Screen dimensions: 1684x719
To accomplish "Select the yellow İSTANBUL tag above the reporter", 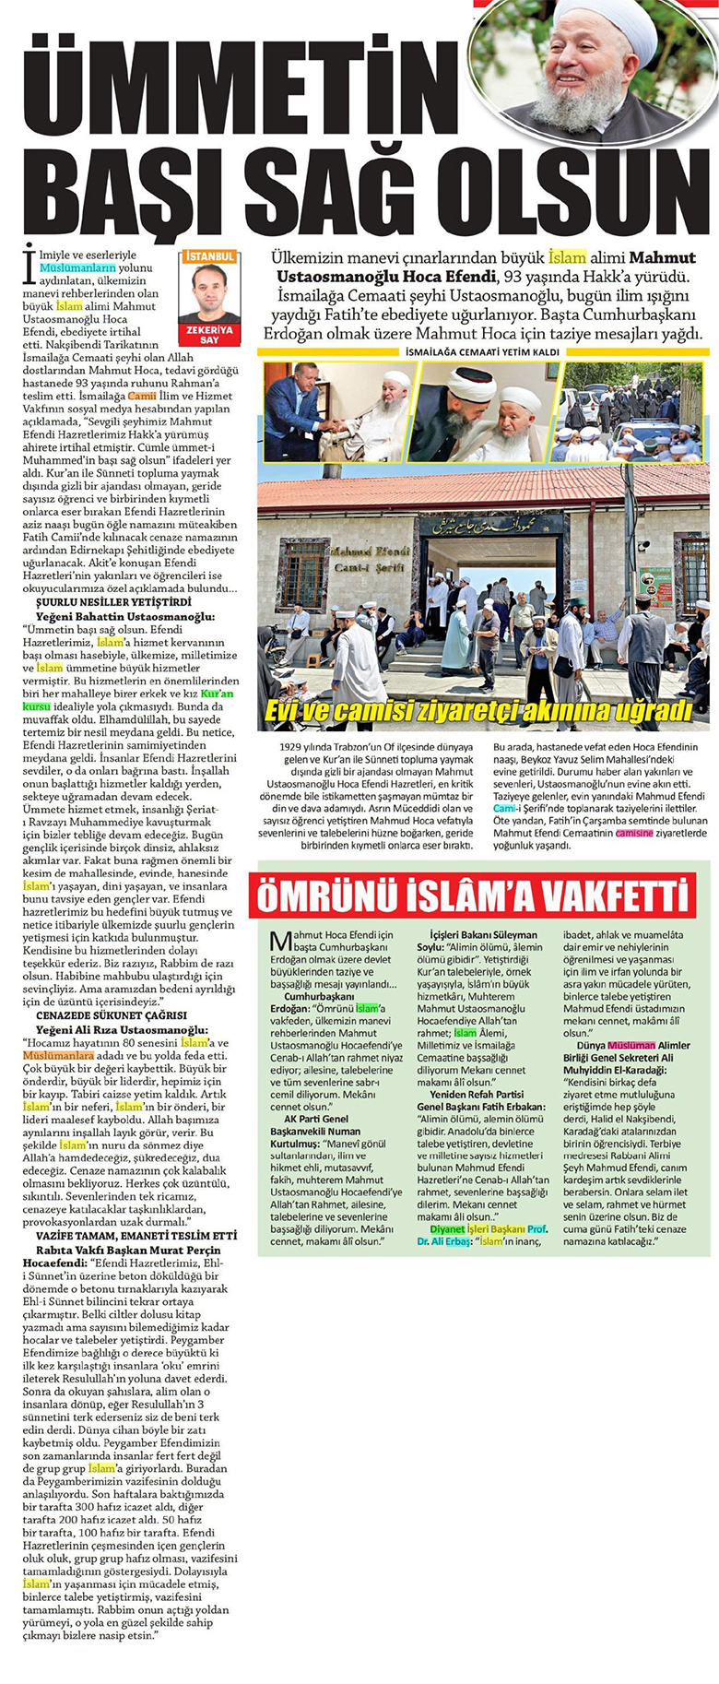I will click(x=209, y=255).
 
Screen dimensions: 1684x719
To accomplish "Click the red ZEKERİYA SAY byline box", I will click(x=209, y=334).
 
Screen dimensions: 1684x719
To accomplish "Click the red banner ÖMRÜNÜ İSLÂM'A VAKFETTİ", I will click(x=473, y=895).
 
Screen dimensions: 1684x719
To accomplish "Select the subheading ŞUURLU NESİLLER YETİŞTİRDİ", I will click(x=100, y=600).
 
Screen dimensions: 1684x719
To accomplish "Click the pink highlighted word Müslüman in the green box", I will click(x=630, y=1044).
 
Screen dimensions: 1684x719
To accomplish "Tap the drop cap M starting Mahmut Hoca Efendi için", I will click(x=282, y=942).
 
